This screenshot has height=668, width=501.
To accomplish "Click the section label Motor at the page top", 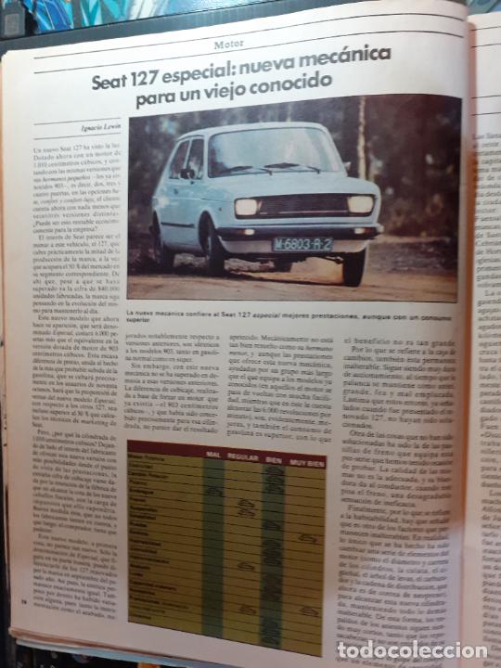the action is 229,44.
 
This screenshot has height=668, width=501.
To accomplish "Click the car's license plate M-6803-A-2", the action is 302,244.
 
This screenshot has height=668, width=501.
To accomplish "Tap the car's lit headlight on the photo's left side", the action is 247,206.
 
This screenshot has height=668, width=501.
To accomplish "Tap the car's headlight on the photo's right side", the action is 360,204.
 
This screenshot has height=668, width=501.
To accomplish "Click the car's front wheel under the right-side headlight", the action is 353,267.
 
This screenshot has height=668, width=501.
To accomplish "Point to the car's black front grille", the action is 303,205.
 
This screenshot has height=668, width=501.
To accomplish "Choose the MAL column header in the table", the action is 212,456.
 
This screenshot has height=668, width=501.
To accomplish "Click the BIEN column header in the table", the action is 275,456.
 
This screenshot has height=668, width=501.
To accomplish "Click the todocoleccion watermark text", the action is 412,650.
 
